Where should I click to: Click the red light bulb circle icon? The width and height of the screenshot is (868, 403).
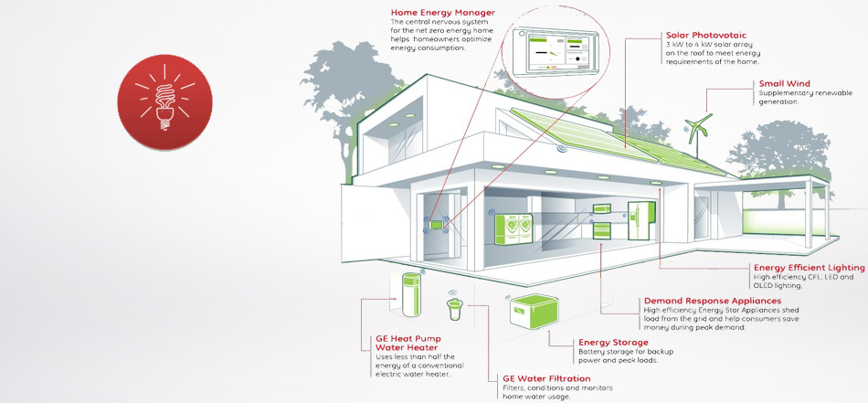point(165,101)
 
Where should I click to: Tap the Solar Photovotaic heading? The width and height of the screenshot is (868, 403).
point(705,36)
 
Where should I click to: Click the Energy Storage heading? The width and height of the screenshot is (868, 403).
point(613,343)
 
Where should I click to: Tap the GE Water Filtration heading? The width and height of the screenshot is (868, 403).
point(546,378)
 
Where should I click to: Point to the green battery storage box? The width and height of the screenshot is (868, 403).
point(534,312)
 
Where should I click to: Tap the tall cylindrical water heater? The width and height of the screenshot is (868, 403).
point(411,294)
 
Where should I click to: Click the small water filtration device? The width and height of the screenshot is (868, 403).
point(454,308)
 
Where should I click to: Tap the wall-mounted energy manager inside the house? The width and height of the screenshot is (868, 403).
point(435,225)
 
